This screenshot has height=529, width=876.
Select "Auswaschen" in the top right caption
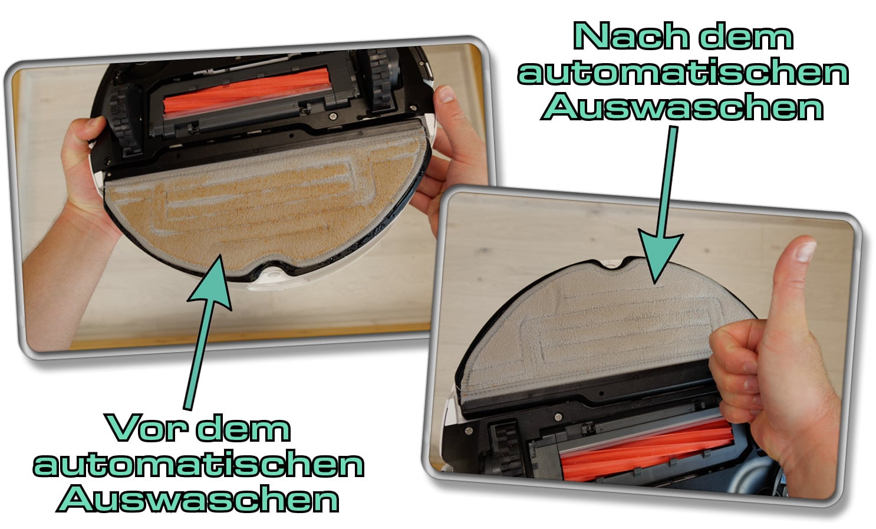683,107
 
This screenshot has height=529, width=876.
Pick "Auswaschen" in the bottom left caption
198,498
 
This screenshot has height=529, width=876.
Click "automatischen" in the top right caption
683,72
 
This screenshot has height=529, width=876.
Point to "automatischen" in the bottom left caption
199,464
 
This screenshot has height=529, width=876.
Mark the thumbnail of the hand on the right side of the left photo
446,94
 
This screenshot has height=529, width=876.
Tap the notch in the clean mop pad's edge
617,264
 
